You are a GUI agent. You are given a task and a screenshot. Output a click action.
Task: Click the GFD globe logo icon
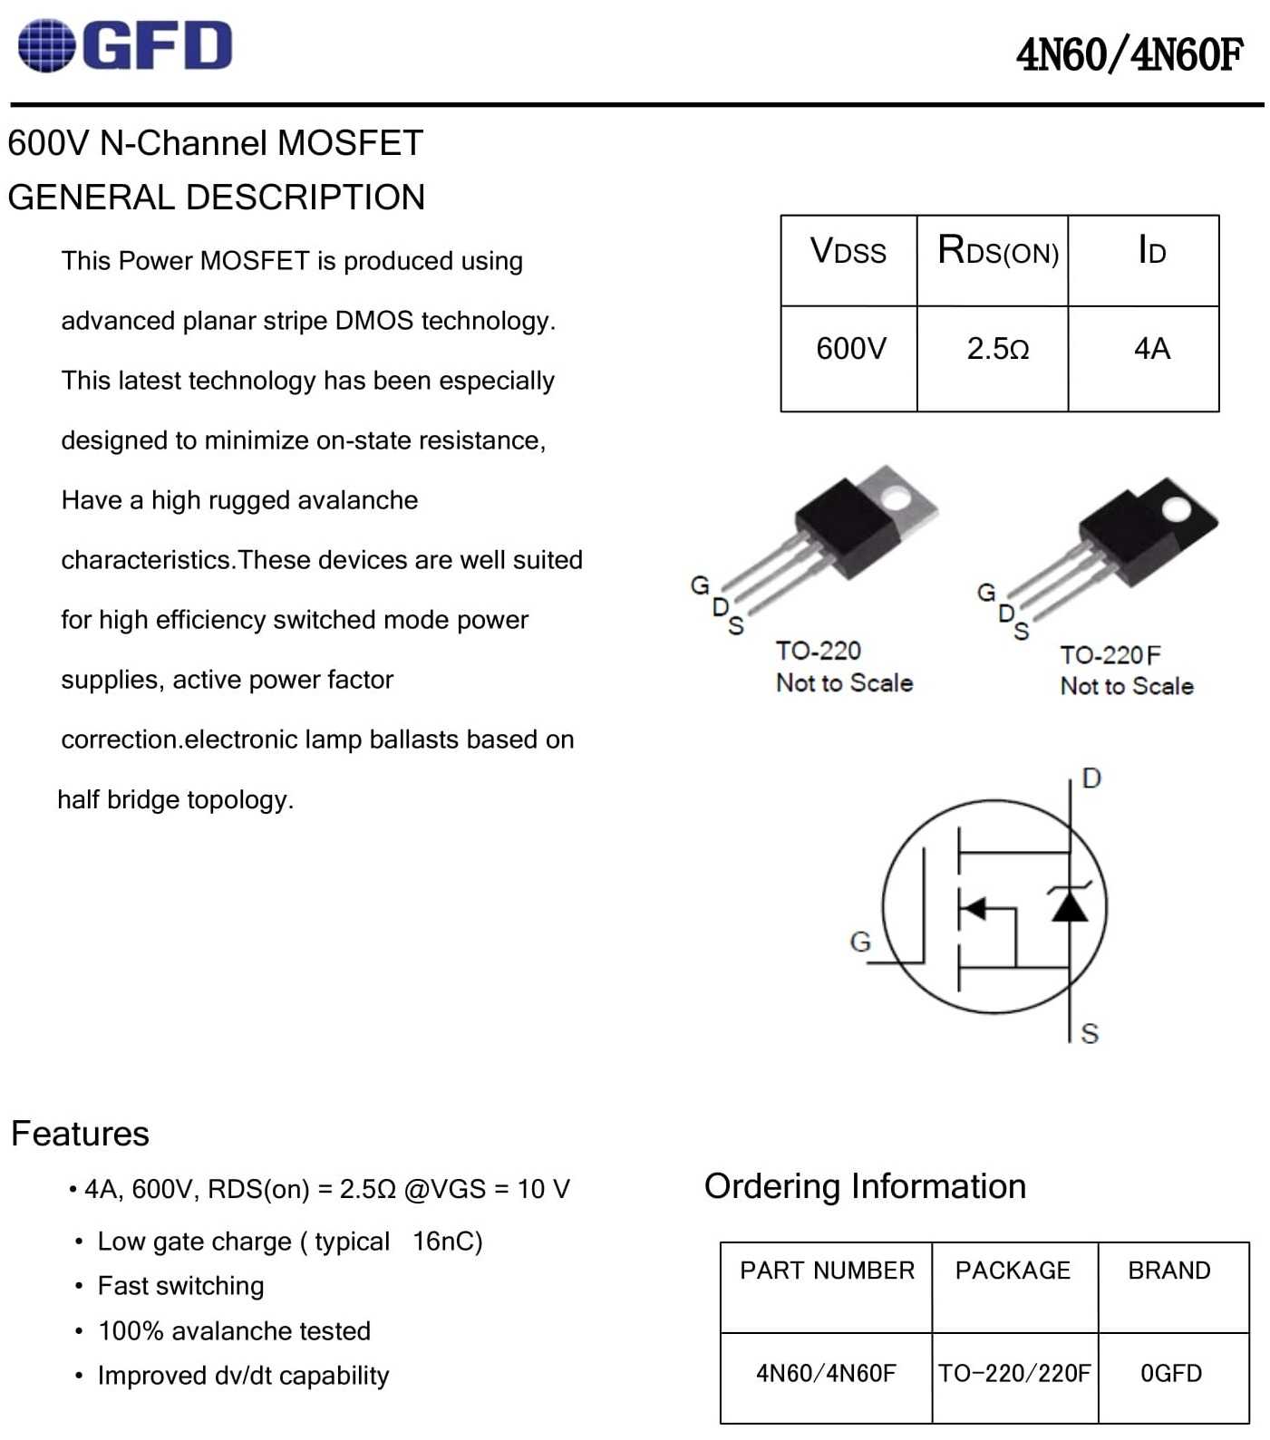point(46,45)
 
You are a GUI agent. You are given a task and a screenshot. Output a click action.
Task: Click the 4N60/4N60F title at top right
point(1129,54)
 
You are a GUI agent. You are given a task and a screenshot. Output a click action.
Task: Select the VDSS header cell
point(848,260)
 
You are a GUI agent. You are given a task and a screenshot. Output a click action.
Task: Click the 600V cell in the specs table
point(848,358)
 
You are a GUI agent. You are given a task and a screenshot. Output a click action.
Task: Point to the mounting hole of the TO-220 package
point(896,498)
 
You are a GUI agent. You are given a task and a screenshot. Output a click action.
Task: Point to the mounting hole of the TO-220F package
point(1176,509)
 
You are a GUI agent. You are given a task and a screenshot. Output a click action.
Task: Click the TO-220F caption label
point(1110,654)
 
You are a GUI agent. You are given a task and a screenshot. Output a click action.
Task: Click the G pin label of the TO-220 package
point(700,585)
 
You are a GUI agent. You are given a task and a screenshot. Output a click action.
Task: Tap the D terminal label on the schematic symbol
point(1091,778)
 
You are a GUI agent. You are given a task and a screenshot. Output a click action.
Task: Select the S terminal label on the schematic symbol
point(1090,1033)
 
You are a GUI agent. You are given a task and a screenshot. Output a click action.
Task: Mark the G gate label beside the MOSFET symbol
point(860,942)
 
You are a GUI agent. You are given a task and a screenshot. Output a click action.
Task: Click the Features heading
point(80,1134)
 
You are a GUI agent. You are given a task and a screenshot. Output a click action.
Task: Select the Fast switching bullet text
point(181,1286)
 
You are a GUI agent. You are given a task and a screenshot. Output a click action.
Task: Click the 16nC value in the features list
point(448,1241)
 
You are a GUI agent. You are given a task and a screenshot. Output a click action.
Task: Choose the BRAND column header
point(1169,1271)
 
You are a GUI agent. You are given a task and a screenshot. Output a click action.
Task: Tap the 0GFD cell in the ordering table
point(1171,1374)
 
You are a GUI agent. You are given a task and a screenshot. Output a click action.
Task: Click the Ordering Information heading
point(866,1186)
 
